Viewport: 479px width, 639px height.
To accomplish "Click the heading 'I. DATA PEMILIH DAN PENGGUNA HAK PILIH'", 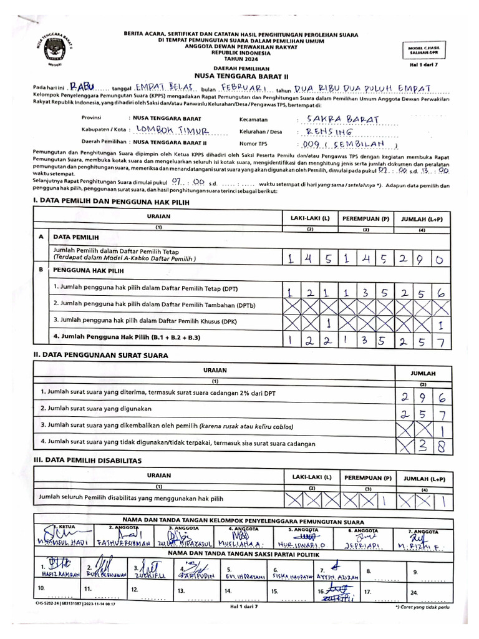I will [107, 202].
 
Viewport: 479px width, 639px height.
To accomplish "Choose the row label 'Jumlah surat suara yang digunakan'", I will [97, 408].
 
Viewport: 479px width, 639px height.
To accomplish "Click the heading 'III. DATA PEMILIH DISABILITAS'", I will [87, 461].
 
